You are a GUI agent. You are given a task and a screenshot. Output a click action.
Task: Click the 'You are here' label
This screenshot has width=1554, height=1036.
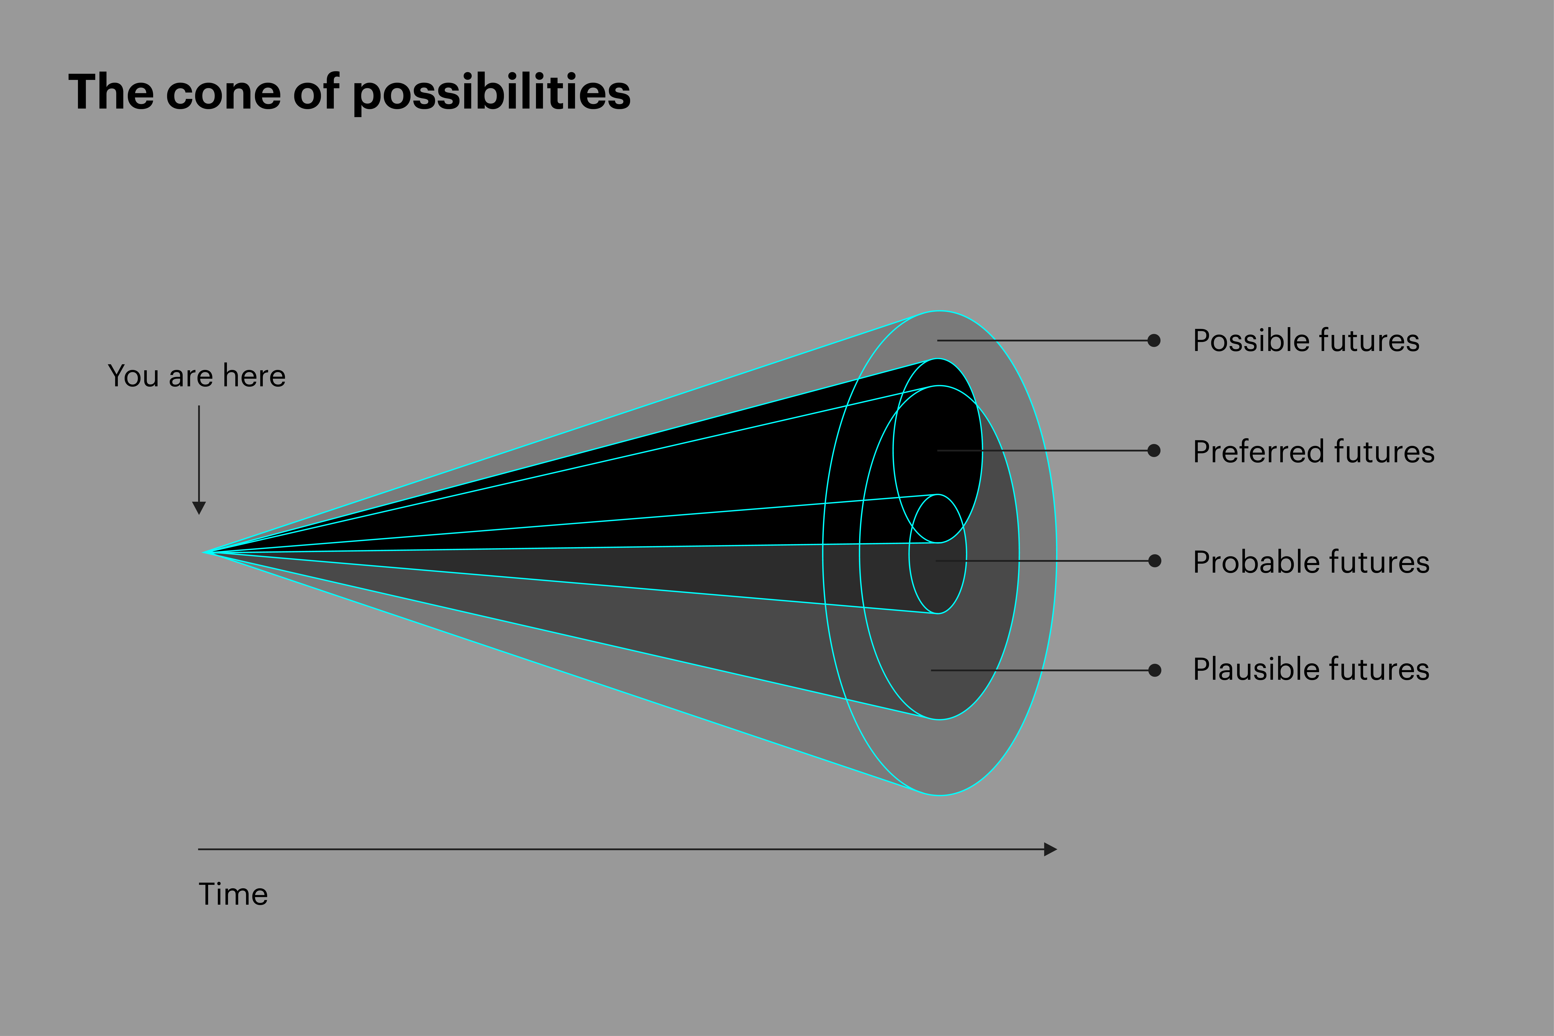point(197,376)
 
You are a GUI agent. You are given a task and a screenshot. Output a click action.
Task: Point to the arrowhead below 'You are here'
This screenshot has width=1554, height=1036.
point(199,507)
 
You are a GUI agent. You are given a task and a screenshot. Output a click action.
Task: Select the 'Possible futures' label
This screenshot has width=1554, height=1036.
point(1306,341)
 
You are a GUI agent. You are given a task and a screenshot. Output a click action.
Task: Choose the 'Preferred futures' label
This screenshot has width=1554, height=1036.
point(1314,452)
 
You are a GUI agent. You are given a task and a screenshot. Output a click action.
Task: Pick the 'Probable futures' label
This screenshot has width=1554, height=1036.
point(1311,562)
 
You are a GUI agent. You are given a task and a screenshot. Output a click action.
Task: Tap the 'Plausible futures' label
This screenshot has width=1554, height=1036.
point(1311,669)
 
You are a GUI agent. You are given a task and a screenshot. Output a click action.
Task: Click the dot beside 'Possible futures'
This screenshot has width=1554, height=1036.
point(1154,340)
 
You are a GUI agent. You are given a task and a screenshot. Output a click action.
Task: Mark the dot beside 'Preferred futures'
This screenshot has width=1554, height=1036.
point(1154,451)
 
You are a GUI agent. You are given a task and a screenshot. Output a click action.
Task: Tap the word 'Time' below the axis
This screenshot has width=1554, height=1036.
point(233,895)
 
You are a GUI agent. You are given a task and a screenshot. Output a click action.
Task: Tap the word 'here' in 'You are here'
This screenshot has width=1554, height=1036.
point(254,376)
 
